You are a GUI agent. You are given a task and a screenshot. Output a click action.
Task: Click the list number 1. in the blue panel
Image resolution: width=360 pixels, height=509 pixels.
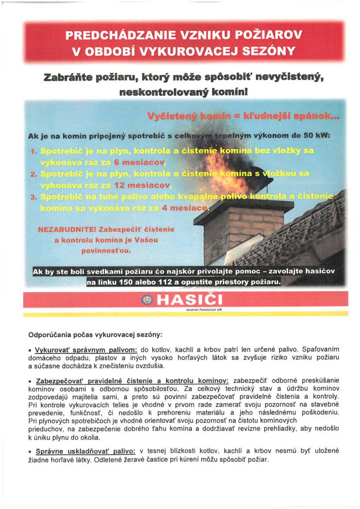coord(34,151)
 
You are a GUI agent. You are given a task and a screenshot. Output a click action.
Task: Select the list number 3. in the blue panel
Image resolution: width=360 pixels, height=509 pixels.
coord(34,197)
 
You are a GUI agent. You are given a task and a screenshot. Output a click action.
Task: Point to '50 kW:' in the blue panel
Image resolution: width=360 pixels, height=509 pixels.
coord(317,135)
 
